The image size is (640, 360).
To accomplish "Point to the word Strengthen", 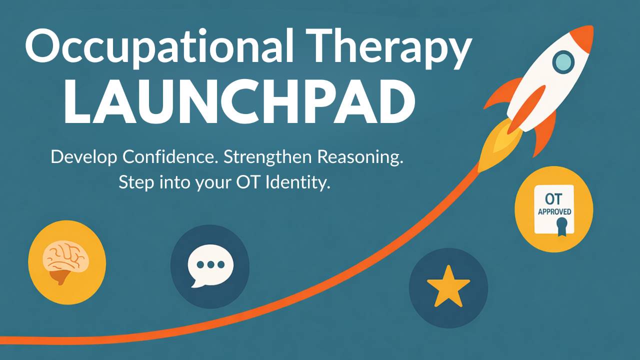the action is pyautogui.click(x=267, y=157).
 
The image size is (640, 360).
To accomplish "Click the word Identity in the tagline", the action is pyautogui.click(x=298, y=182).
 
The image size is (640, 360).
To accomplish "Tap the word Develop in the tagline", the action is pyautogui.click(x=83, y=157).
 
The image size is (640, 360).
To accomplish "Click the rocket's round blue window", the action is pyautogui.click(x=563, y=62).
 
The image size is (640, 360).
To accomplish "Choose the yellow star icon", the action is pyautogui.click(x=448, y=287).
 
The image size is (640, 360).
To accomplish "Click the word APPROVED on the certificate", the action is pyautogui.click(x=554, y=211).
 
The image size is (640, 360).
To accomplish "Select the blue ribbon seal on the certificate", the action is pyautogui.click(x=562, y=227).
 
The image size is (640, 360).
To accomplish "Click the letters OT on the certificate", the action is pyautogui.click(x=553, y=199).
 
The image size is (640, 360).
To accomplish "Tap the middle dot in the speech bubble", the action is pyautogui.click(x=210, y=265).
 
